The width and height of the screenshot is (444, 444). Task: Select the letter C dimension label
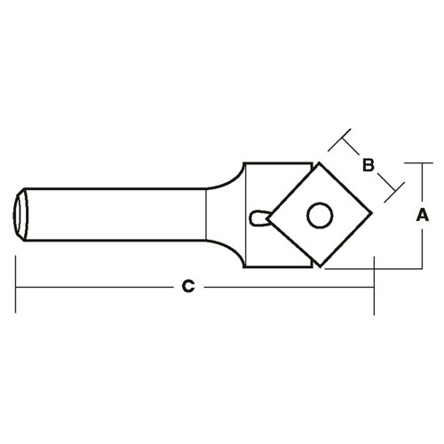click(x=187, y=286)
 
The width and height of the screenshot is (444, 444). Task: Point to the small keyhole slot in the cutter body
click(x=261, y=218)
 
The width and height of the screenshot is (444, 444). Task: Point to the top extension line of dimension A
click(x=413, y=163)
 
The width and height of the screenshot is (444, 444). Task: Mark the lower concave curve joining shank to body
click(x=226, y=253)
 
